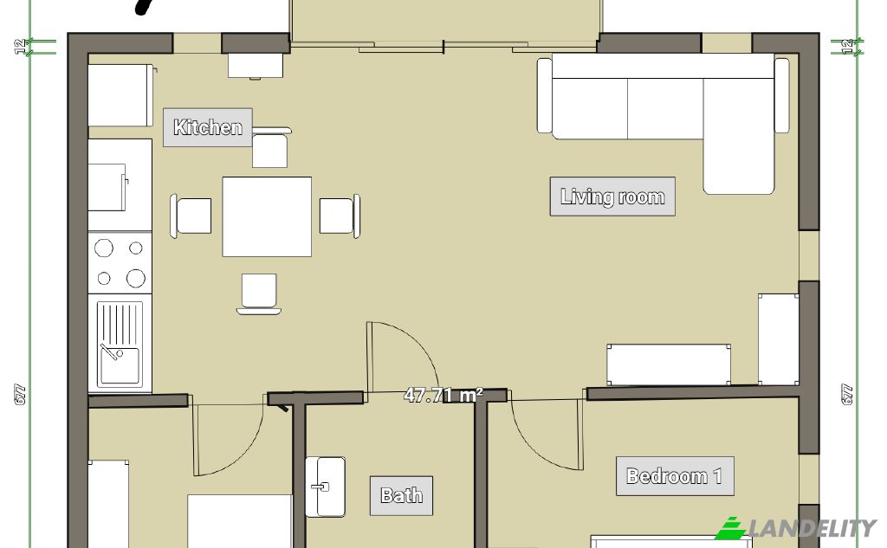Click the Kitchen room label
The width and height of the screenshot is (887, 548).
tap(208, 127)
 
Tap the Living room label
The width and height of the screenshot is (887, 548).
tap(612, 197)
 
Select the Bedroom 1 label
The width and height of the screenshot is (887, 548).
tap(675, 476)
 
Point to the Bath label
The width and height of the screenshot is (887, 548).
tap(402, 496)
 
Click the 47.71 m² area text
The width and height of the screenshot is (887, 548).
tap(443, 395)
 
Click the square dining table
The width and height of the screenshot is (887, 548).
tap(267, 216)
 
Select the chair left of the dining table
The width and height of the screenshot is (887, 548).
tap(191, 216)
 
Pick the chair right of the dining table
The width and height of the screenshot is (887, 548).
tap(340, 216)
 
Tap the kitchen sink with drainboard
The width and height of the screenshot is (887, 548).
tap(120, 344)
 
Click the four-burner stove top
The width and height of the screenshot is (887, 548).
tap(120, 263)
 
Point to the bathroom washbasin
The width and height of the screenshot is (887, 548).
tap(326, 487)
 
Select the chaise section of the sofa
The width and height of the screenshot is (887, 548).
tap(738, 136)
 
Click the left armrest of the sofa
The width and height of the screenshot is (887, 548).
tap(544, 95)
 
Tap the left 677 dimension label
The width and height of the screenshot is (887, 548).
tap(20, 394)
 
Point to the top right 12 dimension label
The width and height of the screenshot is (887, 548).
tap(847, 47)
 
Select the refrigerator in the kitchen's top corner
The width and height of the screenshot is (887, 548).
tap(120, 95)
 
